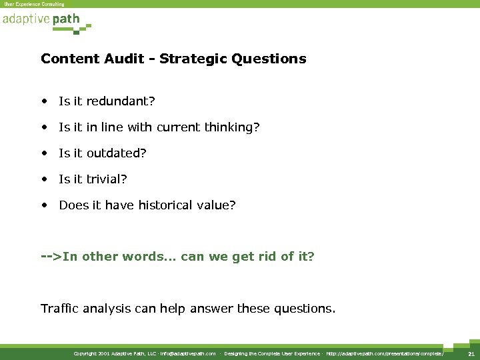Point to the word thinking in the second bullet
tap(229, 127)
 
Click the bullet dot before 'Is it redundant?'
tap(44, 101)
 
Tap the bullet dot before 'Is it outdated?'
tap(44, 153)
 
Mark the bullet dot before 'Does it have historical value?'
tap(44, 205)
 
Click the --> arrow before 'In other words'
tap(51, 257)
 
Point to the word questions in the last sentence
tap(307, 309)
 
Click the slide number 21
tap(471, 353)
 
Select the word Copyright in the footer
tap(85, 353)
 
